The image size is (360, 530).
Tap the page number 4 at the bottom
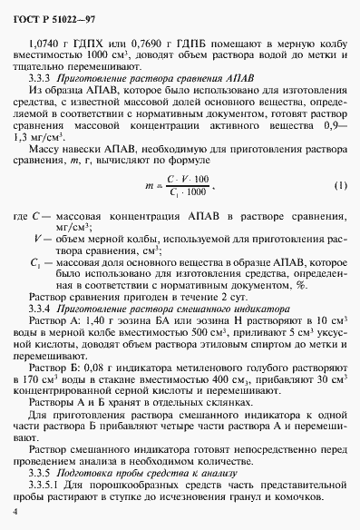point(15,513)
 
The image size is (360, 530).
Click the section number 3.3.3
point(43,78)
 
